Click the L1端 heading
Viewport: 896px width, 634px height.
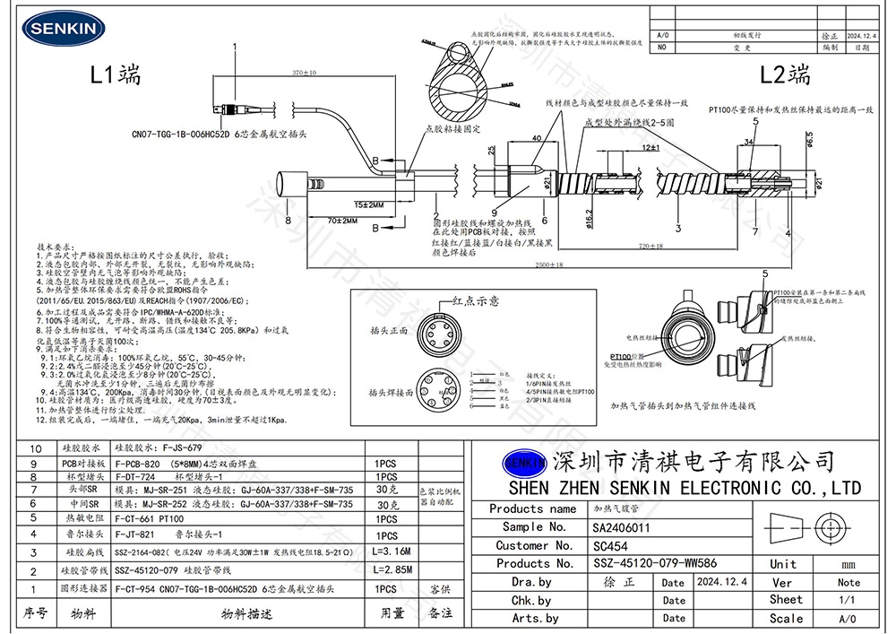(117, 74)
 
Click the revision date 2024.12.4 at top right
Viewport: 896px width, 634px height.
(862, 36)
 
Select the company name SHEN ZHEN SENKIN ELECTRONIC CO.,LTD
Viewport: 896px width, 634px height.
(684, 489)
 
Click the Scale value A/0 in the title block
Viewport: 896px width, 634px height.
(848, 618)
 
